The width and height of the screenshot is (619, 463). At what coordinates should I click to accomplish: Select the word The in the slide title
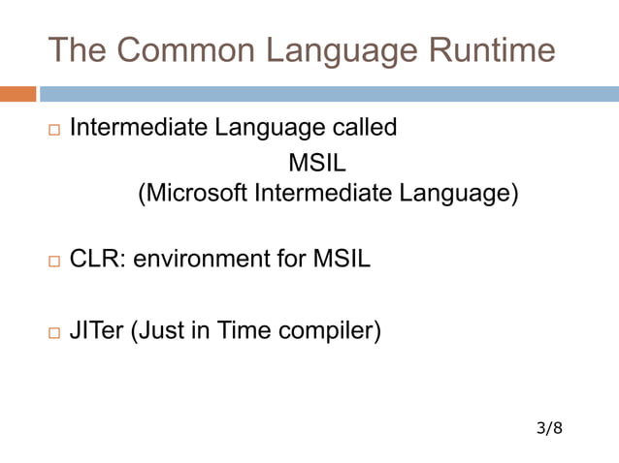click(x=80, y=49)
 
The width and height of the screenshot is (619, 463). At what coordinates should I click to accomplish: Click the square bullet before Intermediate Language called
click(x=52, y=130)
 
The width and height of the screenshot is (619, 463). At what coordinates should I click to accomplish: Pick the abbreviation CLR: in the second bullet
click(x=97, y=260)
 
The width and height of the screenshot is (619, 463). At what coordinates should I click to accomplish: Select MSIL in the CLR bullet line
click(x=341, y=260)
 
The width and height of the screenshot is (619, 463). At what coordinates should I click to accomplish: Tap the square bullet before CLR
click(x=52, y=262)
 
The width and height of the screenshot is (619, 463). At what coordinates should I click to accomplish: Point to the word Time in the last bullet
click(x=243, y=330)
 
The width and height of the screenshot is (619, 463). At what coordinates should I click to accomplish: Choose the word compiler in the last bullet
click(x=328, y=330)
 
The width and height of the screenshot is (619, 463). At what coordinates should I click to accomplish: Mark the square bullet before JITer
click(x=52, y=332)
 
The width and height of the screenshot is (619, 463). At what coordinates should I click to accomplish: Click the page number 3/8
click(x=548, y=426)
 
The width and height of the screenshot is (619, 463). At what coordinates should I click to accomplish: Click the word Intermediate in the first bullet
click(x=135, y=128)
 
